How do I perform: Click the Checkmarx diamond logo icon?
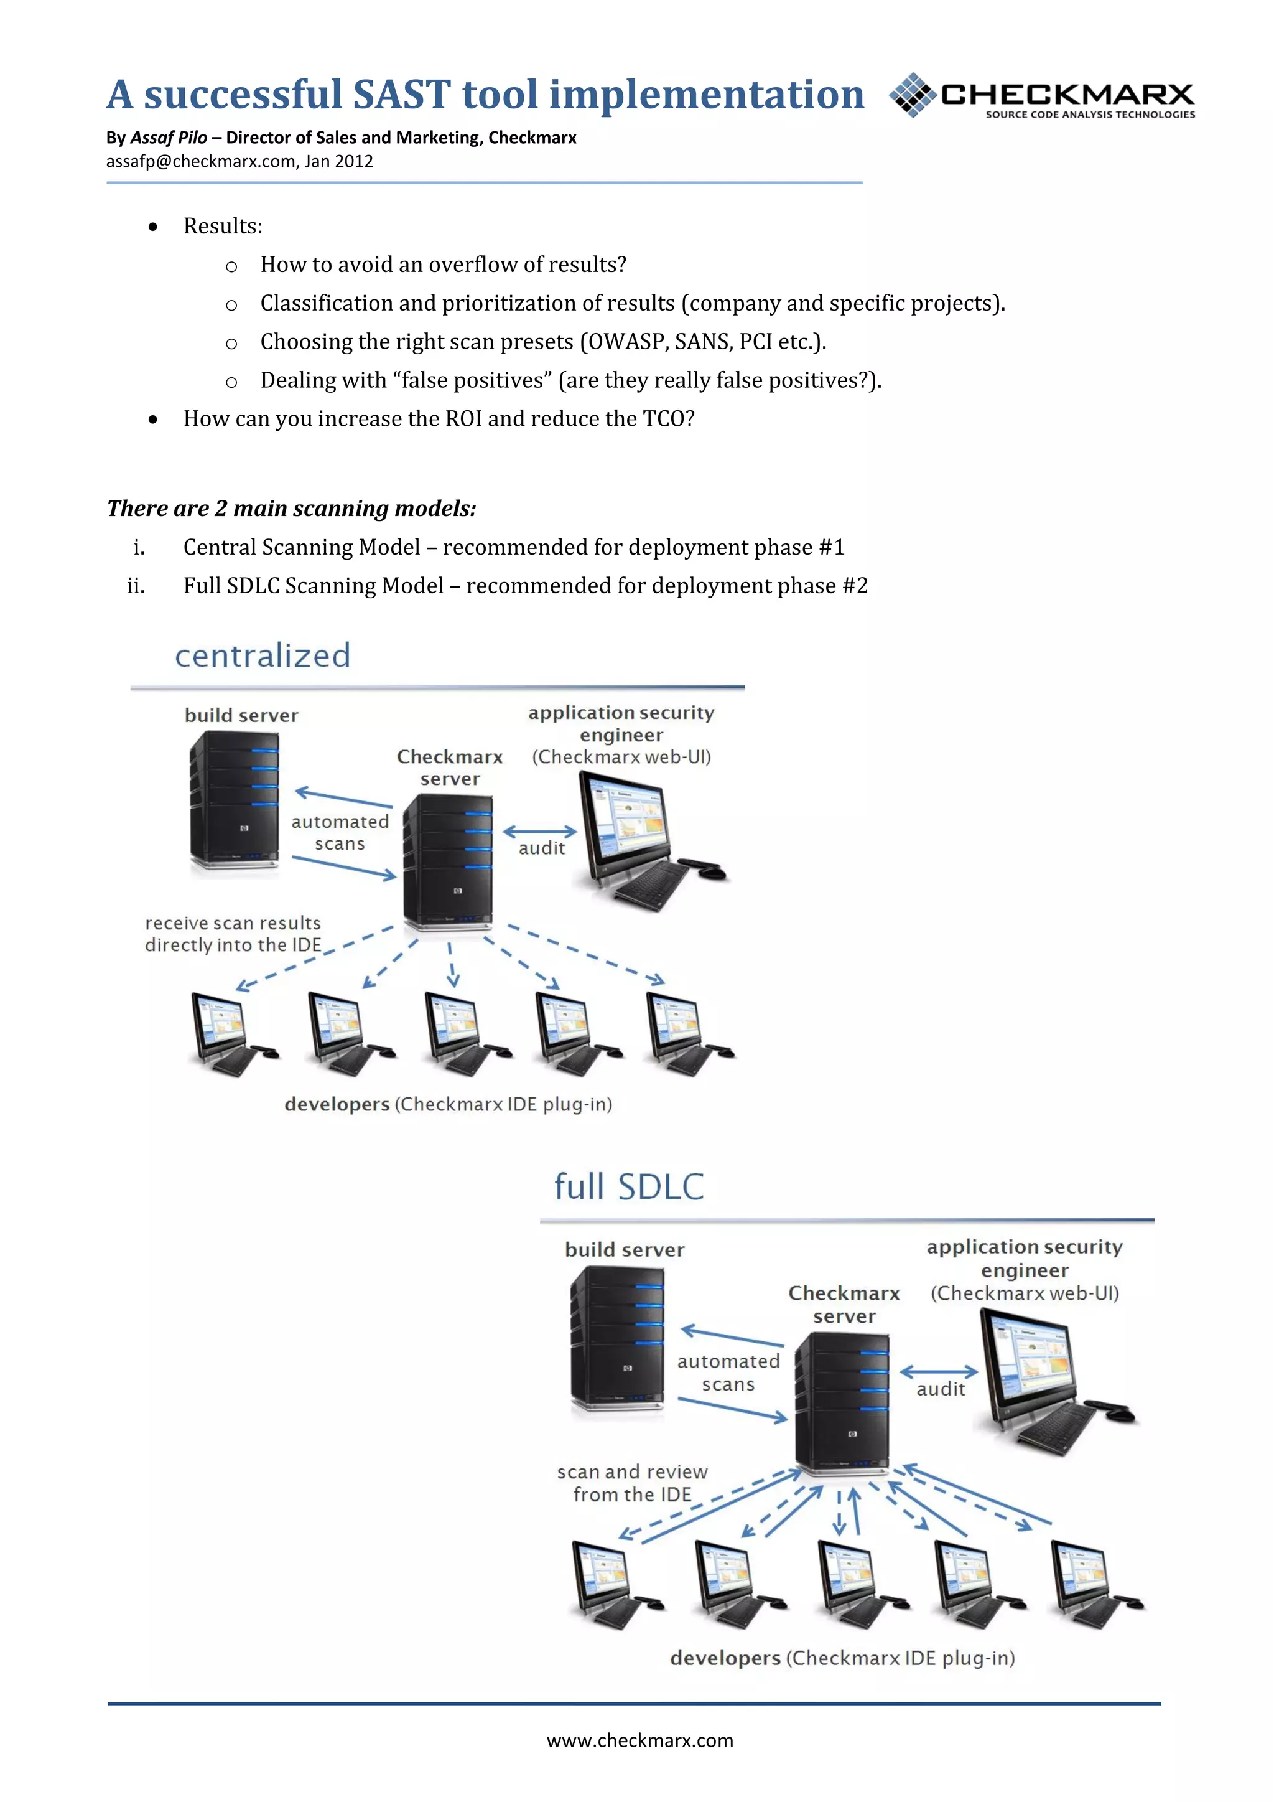point(913,95)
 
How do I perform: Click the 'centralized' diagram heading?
point(262,656)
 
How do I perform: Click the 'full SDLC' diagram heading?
point(628,1186)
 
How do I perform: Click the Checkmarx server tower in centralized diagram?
point(448,861)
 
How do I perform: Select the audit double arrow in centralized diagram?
point(540,831)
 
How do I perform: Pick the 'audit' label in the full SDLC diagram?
point(941,1389)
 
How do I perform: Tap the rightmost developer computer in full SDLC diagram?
point(1094,1583)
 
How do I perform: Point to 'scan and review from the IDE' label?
point(632,1483)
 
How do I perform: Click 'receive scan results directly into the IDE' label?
point(233,934)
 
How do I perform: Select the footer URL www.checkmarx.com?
point(639,1741)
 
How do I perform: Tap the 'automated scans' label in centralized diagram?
point(340,833)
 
